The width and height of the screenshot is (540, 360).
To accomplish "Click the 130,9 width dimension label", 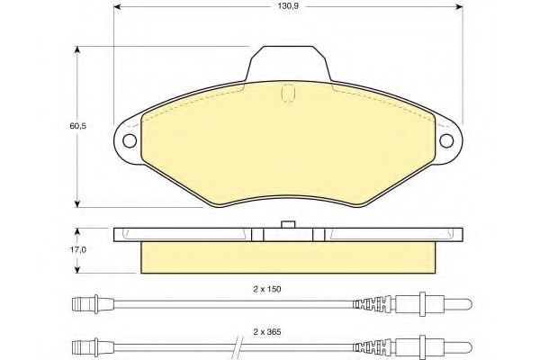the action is tap(288, 6).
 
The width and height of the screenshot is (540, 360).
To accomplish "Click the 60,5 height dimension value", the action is tap(77, 126).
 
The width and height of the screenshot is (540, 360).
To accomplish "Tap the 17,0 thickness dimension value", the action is tap(78, 250).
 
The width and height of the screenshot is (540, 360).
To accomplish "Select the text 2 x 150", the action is tap(267, 290).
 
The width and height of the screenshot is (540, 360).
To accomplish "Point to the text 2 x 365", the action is tap(267, 332).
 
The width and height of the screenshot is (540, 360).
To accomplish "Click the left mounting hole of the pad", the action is tap(130, 141).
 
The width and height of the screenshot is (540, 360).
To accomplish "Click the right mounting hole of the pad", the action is tap(446, 141).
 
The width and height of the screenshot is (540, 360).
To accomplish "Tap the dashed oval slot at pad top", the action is tap(288, 93).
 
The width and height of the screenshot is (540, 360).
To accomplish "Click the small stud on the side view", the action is tap(288, 224).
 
